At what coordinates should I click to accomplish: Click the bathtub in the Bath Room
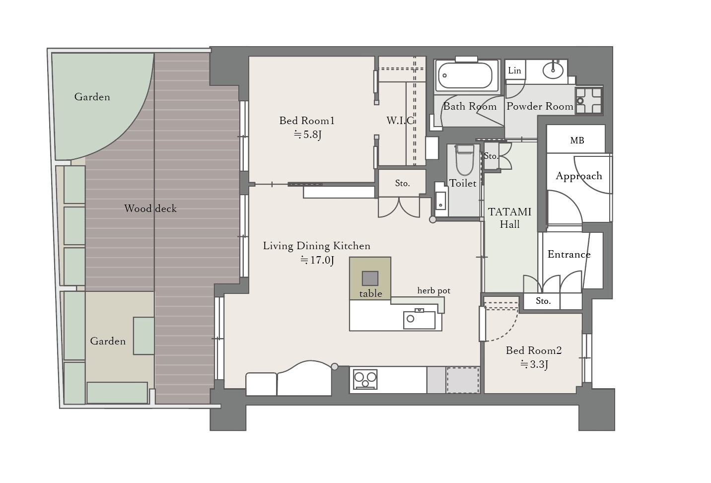click(465, 75)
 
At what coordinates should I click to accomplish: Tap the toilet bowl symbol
click(464, 160)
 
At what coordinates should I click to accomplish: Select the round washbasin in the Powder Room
click(553, 71)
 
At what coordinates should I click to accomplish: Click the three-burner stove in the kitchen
click(365, 379)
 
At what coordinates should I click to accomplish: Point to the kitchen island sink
click(419, 320)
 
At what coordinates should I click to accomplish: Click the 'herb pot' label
click(433, 290)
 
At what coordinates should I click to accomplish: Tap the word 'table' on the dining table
click(370, 293)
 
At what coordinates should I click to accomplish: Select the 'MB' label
click(577, 140)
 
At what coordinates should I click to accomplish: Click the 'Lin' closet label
click(514, 70)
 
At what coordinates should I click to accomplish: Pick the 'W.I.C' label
click(401, 121)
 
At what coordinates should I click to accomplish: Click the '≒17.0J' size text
click(317, 260)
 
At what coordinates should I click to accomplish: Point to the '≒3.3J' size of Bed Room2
click(534, 364)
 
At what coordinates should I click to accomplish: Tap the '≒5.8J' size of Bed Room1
click(307, 135)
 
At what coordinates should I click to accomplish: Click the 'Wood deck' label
click(150, 208)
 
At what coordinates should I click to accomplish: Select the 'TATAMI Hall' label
click(509, 218)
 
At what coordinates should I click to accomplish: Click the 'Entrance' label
click(569, 254)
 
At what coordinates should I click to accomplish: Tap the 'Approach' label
click(578, 176)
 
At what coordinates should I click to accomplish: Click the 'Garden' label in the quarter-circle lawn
click(92, 97)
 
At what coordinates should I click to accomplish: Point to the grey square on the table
click(370, 278)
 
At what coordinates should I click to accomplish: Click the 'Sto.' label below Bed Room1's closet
click(402, 183)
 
